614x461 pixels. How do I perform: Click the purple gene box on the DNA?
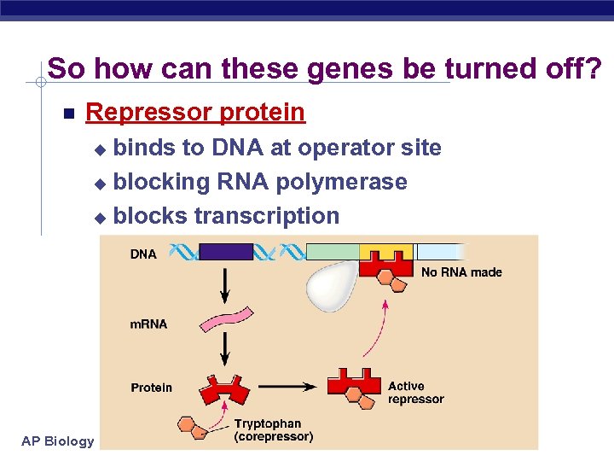225,252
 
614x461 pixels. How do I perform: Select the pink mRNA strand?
226,319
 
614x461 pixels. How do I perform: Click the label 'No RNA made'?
461,272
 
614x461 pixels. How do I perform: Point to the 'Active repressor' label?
415,393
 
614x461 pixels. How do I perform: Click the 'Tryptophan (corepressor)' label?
273,430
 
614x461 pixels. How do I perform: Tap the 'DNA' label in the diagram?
143,254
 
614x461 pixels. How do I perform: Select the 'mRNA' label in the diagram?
148,324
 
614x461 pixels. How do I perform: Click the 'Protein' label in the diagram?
151,388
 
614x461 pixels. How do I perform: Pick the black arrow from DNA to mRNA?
225,285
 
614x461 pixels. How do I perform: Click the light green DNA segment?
332,251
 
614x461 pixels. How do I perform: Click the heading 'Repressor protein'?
195,112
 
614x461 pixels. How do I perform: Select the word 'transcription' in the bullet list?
266,216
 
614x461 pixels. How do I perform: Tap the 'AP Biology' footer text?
58,441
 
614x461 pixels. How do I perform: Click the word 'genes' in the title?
351,68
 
